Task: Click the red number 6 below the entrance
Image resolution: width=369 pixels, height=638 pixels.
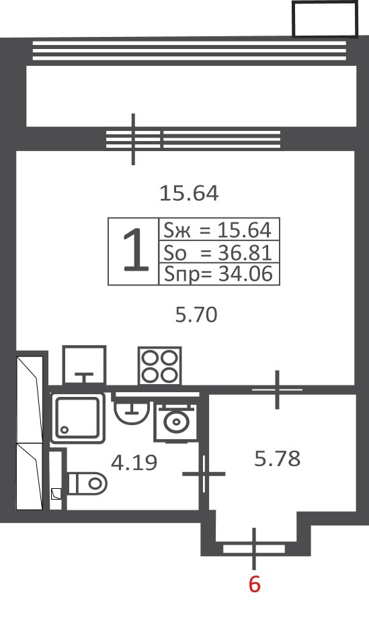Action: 254,584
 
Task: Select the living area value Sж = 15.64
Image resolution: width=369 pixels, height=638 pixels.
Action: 217,230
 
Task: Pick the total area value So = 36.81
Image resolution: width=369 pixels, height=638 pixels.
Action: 217,253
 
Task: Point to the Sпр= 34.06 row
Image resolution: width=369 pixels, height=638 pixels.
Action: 217,274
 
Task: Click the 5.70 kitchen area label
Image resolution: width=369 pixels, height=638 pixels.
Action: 196,315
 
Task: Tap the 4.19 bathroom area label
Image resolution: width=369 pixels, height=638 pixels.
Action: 134,463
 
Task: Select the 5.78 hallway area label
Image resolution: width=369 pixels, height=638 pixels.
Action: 278,459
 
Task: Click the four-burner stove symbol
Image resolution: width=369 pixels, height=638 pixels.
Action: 160,365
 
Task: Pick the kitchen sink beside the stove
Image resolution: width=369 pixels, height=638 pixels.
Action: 84,365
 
